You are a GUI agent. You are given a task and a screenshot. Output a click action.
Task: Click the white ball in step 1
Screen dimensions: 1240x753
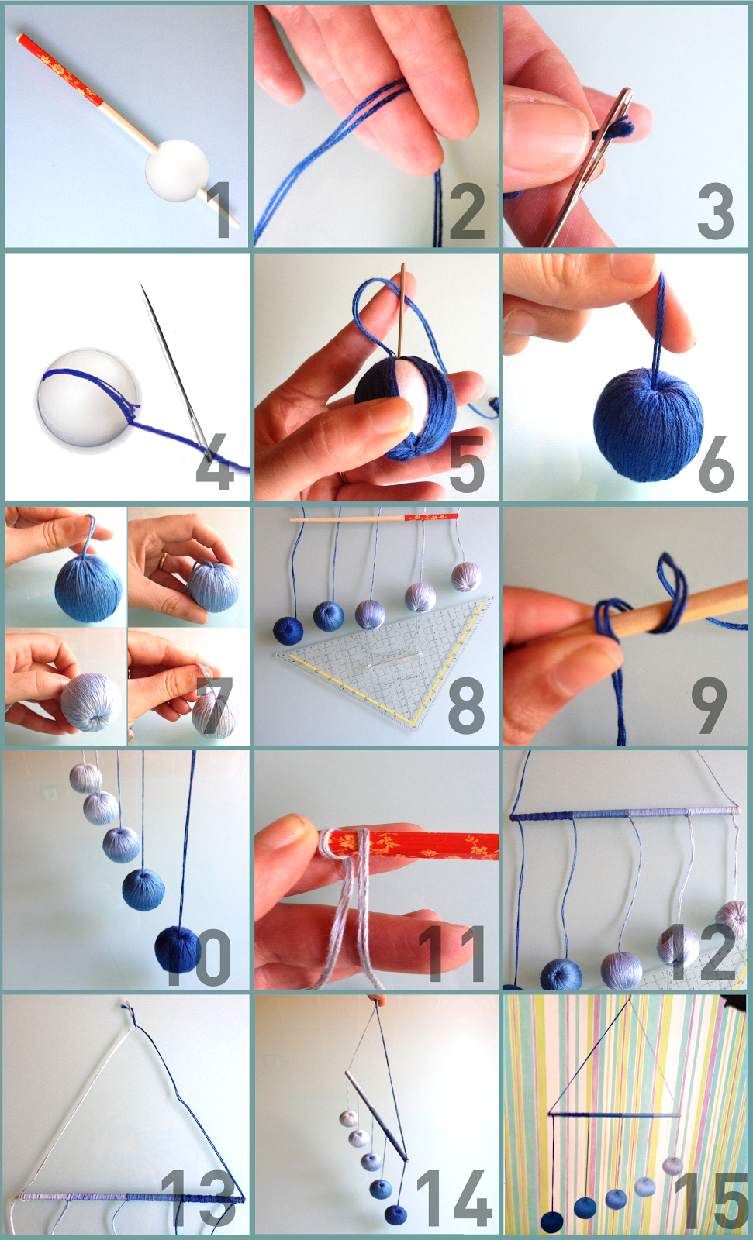click(178, 170)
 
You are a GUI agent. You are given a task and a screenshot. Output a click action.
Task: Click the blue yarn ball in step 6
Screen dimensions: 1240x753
click(648, 424)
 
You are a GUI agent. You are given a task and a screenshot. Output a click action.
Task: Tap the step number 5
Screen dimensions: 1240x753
click(466, 463)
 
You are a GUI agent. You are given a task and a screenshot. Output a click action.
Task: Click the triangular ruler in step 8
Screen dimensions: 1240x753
click(388, 666)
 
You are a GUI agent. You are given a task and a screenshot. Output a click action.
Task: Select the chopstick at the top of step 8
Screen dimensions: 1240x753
click(372, 518)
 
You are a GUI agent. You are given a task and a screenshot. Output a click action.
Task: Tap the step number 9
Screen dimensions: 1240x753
click(709, 705)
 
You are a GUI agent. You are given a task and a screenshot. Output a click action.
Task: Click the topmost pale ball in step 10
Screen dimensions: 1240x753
click(85, 777)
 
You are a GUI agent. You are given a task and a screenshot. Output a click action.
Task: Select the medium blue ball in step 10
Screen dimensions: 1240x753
click(143, 889)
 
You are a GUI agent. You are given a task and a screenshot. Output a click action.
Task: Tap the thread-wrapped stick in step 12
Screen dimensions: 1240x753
click(620, 814)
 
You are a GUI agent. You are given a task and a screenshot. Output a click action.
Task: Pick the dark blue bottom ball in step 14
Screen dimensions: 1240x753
click(395, 1214)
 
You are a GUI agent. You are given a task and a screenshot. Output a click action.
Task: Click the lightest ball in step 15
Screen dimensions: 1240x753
click(672, 1165)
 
